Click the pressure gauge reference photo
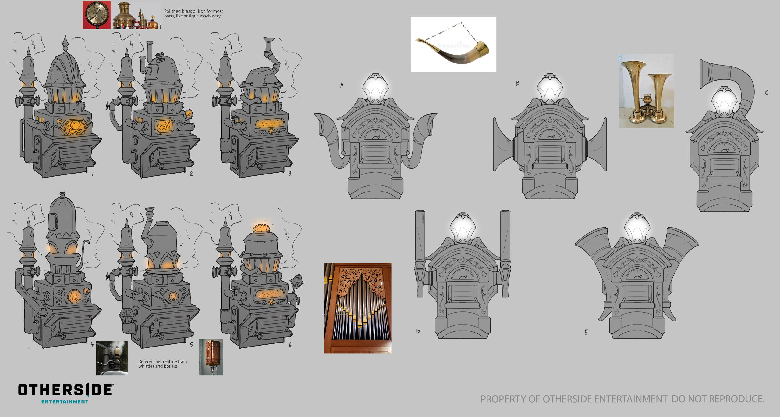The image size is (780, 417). pos(97,15)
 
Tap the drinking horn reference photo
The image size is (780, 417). pos(453,44)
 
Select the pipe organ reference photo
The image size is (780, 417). pos(357,308)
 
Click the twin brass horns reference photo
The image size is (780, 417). pos(646,91)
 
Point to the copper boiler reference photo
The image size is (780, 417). pos(211,357)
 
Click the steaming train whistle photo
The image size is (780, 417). pos(112,358)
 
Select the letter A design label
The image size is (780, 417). pos(342,84)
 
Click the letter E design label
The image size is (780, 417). pos(586,332)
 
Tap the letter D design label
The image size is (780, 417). pos(418,332)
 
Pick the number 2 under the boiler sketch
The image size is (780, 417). pos(191,174)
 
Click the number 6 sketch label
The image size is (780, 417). pos(290,345)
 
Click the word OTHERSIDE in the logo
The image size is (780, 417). pos(65,390)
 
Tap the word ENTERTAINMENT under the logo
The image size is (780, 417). pos(65,402)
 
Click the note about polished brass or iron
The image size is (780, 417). pos(193,13)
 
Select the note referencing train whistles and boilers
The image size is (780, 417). pos(162,364)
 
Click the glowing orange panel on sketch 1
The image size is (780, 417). pos(74,127)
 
